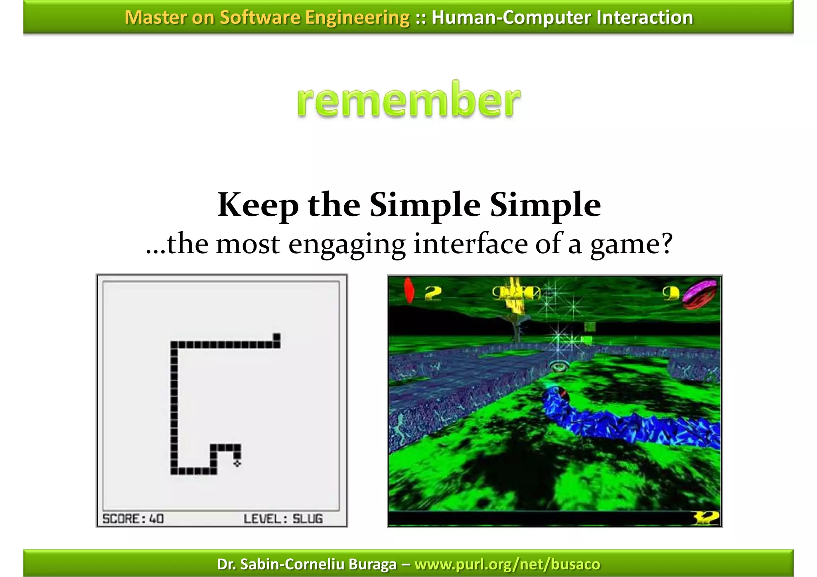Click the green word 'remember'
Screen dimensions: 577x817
[408, 100]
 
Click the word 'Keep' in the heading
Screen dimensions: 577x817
[258, 205]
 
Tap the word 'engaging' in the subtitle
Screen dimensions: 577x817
[347, 244]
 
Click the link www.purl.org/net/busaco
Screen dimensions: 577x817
[507, 564]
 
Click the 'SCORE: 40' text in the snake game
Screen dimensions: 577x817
[133, 519]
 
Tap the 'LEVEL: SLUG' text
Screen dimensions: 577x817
[283, 519]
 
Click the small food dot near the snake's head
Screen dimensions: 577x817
[237, 463]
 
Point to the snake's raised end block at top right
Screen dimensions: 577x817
[276, 337]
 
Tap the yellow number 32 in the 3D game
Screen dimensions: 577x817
[706, 518]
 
